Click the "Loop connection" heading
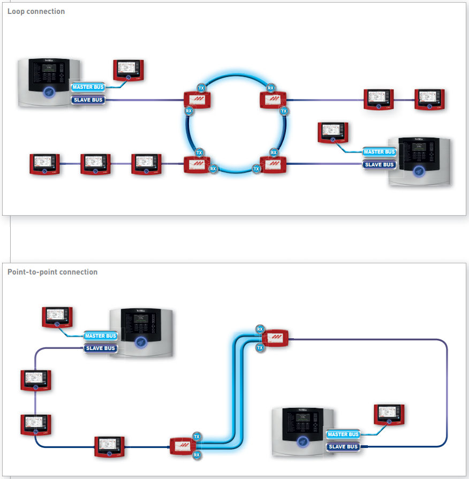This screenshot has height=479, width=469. (x=36, y=11)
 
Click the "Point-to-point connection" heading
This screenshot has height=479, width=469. (x=52, y=272)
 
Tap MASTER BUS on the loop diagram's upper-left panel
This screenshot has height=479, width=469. (x=89, y=87)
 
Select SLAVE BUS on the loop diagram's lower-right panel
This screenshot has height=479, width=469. (x=379, y=165)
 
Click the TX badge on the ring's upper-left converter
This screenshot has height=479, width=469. (x=201, y=88)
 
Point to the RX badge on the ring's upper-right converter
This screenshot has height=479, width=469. (x=271, y=88)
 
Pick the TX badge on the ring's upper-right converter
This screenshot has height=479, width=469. (x=284, y=111)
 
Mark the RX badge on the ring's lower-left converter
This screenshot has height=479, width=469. (x=213, y=169)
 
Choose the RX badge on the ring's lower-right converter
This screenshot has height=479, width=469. (x=274, y=153)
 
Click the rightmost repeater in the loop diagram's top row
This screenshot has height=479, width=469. (x=430, y=100)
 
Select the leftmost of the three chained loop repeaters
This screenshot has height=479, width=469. (x=45, y=164)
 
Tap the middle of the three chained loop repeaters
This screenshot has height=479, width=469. (x=96, y=164)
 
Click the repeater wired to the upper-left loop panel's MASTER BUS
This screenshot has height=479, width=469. (x=129, y=70)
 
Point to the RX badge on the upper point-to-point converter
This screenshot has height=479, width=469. (x=260, y=329)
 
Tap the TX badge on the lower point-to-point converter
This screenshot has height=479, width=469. (x=196, y=437)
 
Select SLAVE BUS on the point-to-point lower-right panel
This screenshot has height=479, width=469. (x=343, y=447)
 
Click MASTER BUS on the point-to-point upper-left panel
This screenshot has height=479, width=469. (x=101, y=336)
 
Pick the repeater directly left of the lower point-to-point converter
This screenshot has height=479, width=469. (x=110, y=446)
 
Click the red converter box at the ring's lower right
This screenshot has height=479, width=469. (x=273, y=164)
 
